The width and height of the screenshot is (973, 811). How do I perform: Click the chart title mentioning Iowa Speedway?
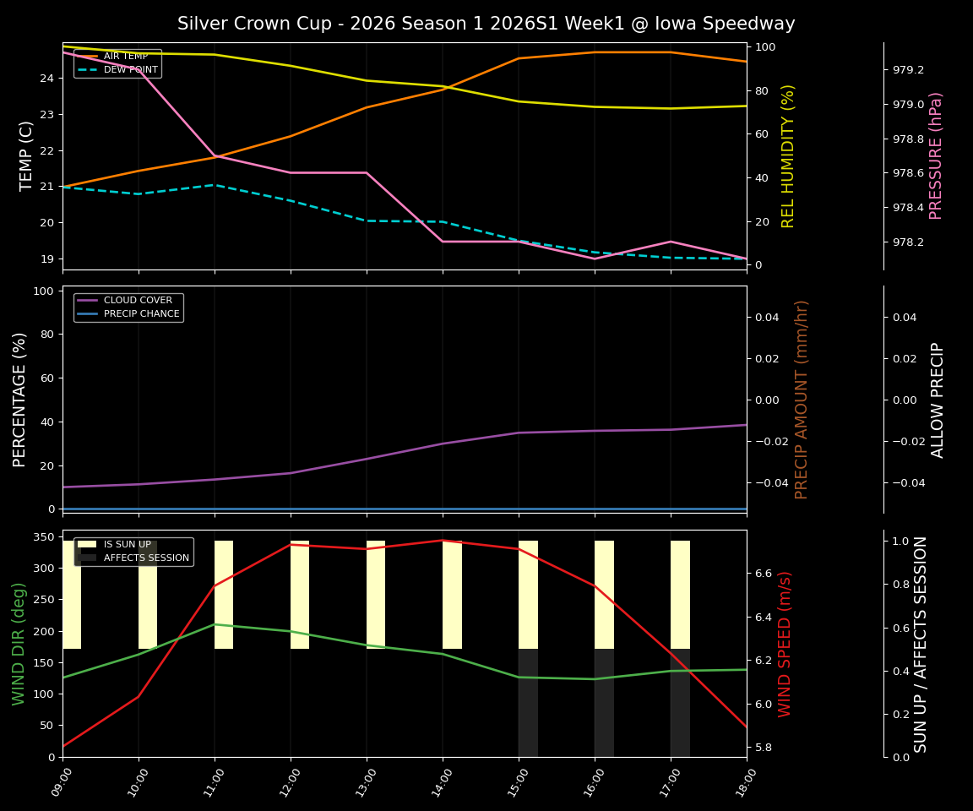tap(486, 24)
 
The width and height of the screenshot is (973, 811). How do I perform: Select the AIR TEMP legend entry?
tap(125, 57)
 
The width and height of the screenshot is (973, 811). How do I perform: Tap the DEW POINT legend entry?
tap(130, 70)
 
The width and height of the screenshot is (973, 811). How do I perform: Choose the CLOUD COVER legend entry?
tap(138, 301)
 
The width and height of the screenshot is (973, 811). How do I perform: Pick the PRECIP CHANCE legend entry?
tap(141, 314)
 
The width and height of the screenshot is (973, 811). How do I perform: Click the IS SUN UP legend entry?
tap(127, 545)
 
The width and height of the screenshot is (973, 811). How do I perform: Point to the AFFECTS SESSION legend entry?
tap(146, 558)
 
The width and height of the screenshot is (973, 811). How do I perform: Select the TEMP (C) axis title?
tap(27, 155)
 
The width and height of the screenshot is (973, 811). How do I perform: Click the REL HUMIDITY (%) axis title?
tap(789, 155)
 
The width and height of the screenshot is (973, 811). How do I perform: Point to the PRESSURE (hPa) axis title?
tap(936, 155)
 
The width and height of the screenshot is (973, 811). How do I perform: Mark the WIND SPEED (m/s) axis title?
tap(785, 644)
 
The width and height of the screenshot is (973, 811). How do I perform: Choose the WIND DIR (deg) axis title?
tap(19, 644)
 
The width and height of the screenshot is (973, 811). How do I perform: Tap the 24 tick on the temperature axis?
tap(47, 79)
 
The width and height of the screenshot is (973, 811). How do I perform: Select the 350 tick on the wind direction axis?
tap(44, 537)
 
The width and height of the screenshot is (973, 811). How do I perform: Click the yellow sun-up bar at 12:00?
tap(300, 595)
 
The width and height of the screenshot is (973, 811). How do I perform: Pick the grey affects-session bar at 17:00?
tap(680, 703)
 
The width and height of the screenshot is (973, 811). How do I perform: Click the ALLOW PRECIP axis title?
tap(938, 400)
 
